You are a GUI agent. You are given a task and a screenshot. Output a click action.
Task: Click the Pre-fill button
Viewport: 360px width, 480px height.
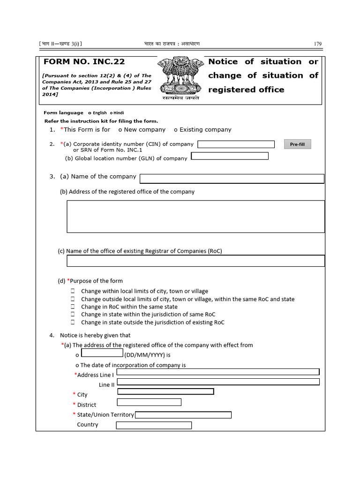297,144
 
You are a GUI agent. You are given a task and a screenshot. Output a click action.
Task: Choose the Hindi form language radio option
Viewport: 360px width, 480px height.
112,113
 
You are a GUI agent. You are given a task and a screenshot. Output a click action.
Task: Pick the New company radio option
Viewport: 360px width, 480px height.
121,130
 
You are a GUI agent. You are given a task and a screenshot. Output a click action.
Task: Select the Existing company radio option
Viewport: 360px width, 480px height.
175,130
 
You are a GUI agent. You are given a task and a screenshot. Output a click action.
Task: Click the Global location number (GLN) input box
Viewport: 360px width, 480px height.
230,156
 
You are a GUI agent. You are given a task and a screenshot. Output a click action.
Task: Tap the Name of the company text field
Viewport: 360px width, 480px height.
232,179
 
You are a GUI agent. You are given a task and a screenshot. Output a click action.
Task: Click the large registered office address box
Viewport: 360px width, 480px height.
195,217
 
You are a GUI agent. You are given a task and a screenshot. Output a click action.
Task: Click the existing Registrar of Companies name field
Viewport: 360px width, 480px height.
195,261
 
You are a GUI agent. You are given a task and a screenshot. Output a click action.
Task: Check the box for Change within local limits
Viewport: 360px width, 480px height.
73,291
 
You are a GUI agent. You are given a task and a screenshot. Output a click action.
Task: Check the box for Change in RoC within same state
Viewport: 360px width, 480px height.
73,307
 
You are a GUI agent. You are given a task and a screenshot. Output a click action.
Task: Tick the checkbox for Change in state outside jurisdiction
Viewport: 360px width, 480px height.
73,322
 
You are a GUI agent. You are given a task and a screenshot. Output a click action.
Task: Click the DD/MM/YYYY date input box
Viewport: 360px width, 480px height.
102,353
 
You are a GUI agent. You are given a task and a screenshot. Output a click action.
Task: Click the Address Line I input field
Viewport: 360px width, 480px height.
218,372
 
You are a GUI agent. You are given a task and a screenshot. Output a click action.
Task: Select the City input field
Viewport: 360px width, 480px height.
165,392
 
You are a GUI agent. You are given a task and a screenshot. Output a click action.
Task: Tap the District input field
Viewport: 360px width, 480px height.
149,402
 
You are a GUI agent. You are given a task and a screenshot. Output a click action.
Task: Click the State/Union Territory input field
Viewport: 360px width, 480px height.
183,415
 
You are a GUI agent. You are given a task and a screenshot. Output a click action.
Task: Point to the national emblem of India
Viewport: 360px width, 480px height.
180,76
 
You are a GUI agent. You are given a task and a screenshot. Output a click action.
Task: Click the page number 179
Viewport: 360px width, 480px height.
317,44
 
